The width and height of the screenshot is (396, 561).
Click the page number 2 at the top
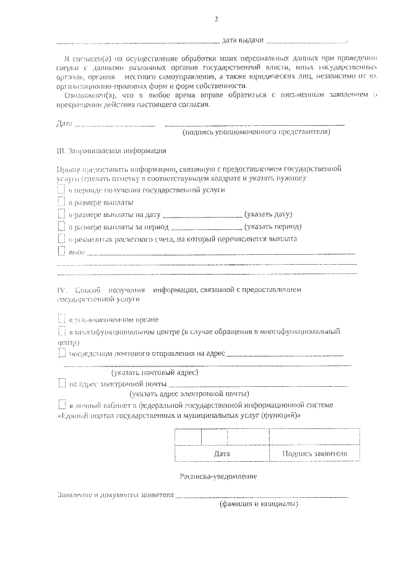[217, 19]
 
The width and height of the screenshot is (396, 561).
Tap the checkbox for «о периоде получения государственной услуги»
[61, 190]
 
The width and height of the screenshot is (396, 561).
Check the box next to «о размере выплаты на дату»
[61, 214]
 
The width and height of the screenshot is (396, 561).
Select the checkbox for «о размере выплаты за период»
[61, 227]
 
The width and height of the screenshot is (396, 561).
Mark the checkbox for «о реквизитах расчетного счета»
[61, 239]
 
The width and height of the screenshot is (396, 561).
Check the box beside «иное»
[61, 252]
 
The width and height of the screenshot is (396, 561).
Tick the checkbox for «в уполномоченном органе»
[61, 319]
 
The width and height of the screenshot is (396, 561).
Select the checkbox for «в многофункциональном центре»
[61, 332]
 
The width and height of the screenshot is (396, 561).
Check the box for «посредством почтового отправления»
[61, 354]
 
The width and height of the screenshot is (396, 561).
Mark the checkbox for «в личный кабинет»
[61, 405]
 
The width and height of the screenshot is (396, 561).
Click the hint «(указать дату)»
[267, 214]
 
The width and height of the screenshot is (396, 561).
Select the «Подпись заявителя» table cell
[314, 453]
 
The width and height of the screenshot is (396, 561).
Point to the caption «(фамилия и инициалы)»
[259, 505]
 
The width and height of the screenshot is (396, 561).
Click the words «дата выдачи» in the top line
[243, 40]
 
